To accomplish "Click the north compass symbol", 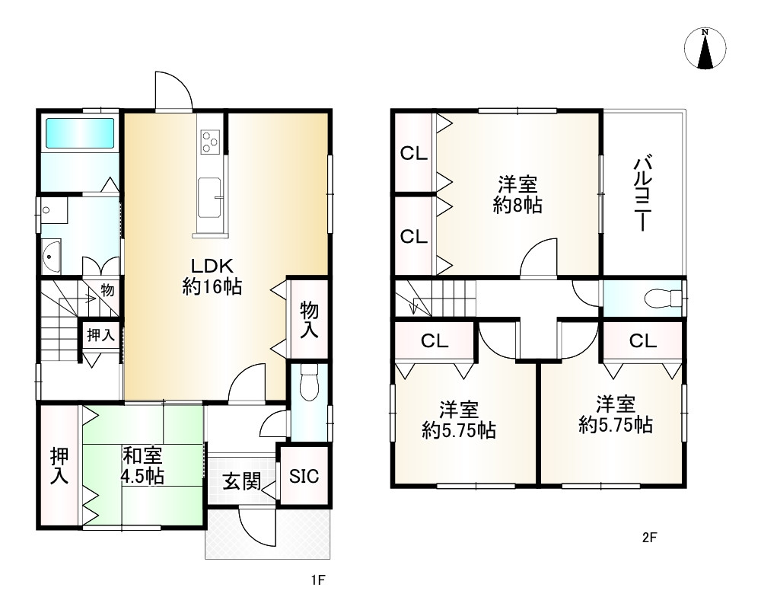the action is click(x=705, y=49).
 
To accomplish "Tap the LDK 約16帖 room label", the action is click(x=212, y=276).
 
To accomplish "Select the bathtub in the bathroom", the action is click(x=80, y=133).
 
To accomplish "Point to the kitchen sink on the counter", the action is click(x=210, y=198).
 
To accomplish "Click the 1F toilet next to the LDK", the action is click(x=309, y=382).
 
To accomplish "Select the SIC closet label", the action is click(x=304, y=476).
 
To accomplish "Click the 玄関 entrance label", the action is click(x=242, y=482).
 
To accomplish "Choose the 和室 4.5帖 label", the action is click(x=142, y=466).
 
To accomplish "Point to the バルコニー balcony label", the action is click(x=642, y=193).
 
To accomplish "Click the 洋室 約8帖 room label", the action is click(x=517, y=195).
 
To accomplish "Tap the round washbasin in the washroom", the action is click(x=51, y=256).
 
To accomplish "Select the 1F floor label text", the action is click(x=318, y=580).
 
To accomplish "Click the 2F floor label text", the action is click(x=649, y=538).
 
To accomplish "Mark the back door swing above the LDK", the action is click(x=174, y=91).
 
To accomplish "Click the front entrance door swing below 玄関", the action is click(x=258, y=526).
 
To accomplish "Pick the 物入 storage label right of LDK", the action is click(x=309, y=319).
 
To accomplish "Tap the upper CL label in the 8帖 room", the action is click(x=413, y=154).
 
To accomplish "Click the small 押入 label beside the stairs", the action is click(x=101, y=334).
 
